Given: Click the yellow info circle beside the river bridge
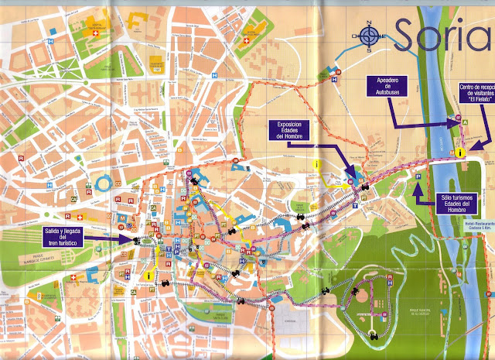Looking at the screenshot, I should [x=461, y=132].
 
